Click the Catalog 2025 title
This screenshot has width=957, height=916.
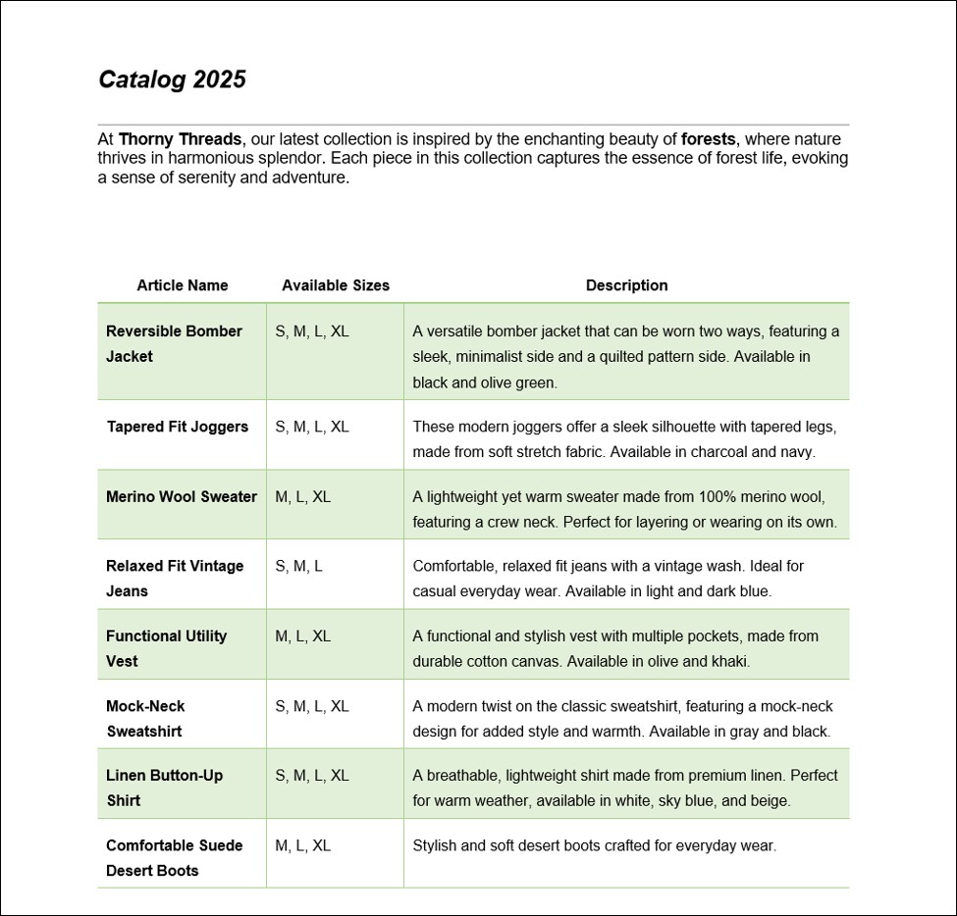coord(172,79)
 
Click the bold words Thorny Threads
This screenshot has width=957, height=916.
coord(180,139)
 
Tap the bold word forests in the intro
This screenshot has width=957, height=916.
coord(709,139)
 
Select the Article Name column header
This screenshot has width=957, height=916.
coord(182,285)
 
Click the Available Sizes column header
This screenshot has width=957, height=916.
coord(335,285)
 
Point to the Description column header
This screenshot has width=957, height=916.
coord(626,285)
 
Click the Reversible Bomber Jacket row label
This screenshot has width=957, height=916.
coord(174,343)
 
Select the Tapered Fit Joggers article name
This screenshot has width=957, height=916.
coord(178,427)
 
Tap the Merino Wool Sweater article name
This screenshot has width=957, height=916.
coord(182,496)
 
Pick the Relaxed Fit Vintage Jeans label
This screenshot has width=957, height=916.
coord(175,578)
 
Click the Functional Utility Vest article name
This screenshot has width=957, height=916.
coord(166,648)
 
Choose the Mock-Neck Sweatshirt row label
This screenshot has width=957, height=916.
coord(145,718)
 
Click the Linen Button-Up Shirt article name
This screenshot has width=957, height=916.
coord(164,788)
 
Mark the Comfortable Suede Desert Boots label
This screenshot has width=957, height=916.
coord(174,857)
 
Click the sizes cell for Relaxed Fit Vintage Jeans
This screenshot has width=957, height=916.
coord(298,566)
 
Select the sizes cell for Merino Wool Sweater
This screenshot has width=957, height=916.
coord(302,496)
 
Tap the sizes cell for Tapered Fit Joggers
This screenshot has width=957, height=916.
coord(311,427)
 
